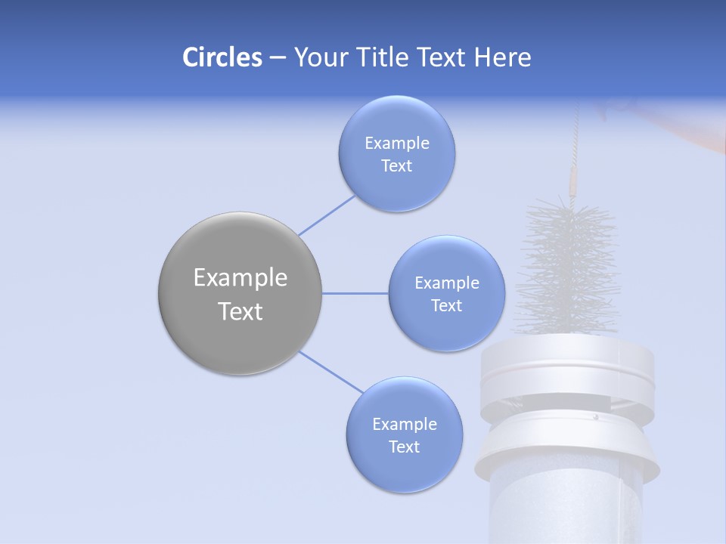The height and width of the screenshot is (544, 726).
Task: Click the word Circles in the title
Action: tap(222, 57)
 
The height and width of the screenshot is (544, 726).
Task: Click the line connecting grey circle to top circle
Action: tap(326, 216)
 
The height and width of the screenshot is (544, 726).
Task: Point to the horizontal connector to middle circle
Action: tap(355, 293)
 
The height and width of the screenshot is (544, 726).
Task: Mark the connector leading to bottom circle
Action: tap(330, 372)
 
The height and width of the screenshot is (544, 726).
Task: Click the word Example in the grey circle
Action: tap(240, 278)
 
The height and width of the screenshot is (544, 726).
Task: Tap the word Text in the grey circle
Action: tap(240, 311)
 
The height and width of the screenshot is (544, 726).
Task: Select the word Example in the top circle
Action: tap(396, 144)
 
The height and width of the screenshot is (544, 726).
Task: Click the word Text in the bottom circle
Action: tap(404, 447)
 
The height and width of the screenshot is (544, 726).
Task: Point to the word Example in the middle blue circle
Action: tap(446, 283)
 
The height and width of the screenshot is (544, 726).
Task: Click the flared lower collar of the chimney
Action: tap(567, 446)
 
